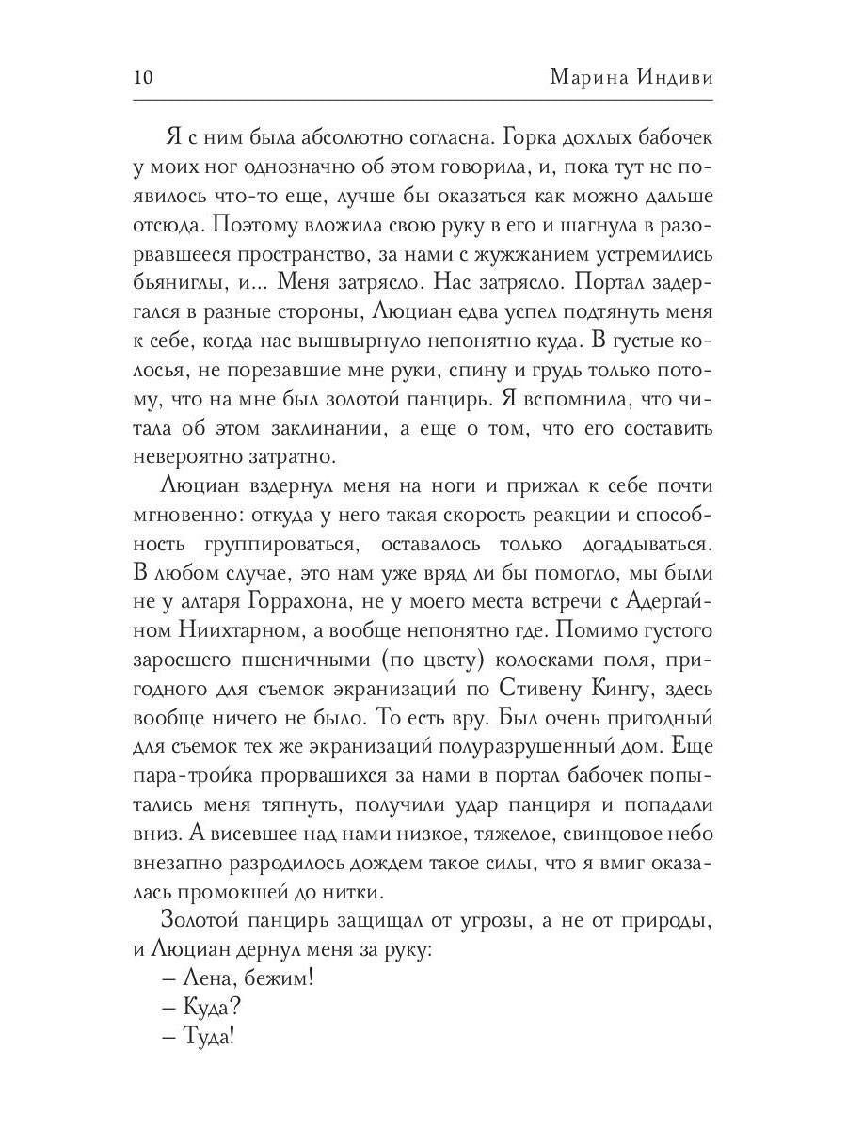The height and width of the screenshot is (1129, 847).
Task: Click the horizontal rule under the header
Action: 423,100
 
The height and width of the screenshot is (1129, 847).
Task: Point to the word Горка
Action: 534,137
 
